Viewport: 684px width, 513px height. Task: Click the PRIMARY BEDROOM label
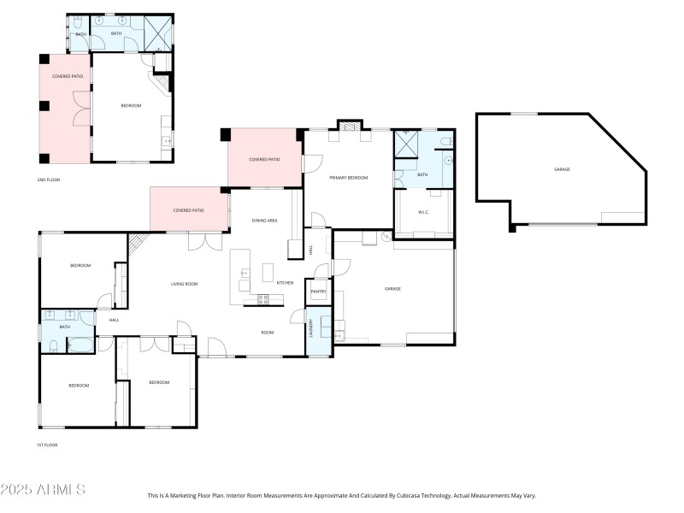point(348,177)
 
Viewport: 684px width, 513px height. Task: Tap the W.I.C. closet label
point(422,212)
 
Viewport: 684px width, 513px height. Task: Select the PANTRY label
point(318,292)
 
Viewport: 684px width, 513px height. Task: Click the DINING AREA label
point(264,221)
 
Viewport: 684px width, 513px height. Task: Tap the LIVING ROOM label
point(185,284)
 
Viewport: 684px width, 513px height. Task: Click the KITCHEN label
point(285,283)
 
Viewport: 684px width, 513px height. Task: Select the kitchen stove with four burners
point(264,298)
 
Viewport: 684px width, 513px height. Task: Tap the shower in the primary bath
point(406,144)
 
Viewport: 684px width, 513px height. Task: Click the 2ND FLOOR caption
point(48,180)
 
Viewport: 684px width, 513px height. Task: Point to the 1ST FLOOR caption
point(47,445)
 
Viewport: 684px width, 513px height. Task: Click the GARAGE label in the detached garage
point(562,169)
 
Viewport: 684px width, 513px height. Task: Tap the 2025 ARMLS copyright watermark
point(43,490)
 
